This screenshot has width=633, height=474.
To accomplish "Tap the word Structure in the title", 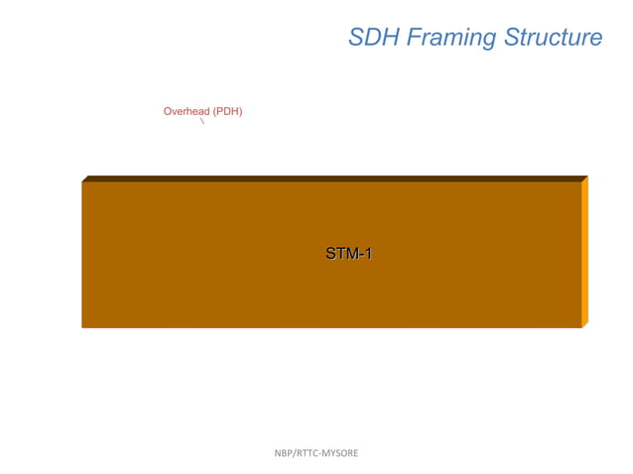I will tap(553, 38).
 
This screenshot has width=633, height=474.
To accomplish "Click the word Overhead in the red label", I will tap(187, 112).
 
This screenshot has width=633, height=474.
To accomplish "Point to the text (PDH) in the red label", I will tap(227, 112).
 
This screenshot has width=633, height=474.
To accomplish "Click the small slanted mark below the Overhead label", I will tap(202, 122).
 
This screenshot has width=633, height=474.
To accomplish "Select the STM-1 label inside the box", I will tap(348, 254).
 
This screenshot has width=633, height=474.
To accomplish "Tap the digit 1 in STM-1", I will tap(367, 254).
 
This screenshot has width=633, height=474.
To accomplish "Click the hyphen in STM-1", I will tap(359, 255).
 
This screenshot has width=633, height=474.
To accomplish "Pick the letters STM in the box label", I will tap(340, 254).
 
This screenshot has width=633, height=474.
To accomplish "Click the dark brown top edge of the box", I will tap(332, 178).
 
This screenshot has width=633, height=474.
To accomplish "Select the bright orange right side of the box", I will tap(584, 253).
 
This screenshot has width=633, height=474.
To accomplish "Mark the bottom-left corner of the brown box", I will tap(82, 327).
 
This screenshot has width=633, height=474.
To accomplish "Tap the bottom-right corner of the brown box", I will tap(580, 327).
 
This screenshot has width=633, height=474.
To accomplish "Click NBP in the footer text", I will tap(284, 453).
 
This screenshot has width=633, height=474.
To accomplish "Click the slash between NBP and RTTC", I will tap(295, 453).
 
